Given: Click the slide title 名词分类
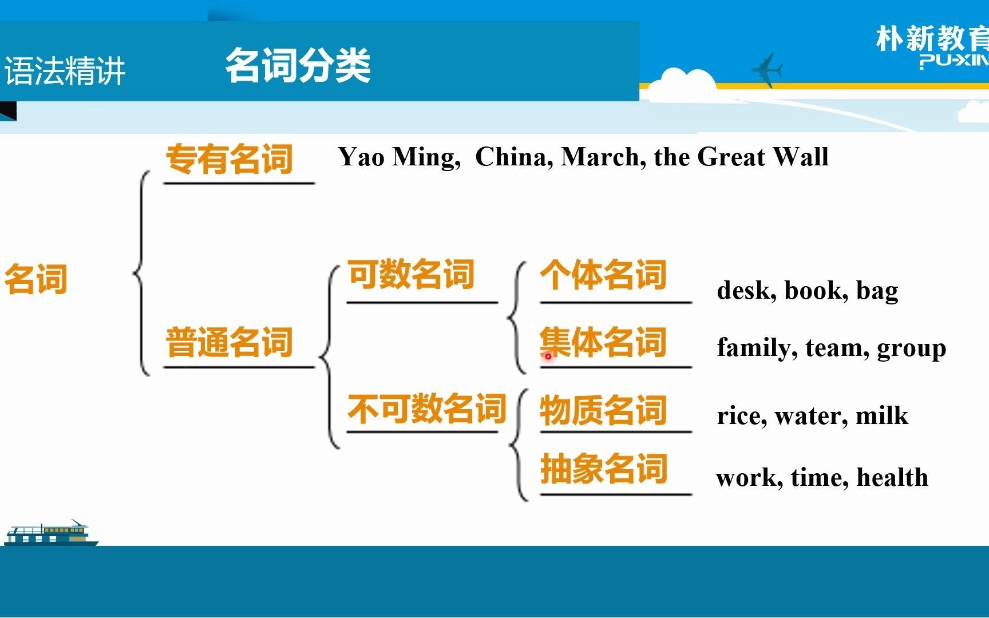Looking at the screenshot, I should (298, 65).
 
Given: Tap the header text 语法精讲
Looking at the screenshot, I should (65, 72).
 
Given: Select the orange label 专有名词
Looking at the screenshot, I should (229, 159).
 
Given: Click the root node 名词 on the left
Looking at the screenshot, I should (35, 279).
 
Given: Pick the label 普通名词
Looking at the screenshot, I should (229, 342).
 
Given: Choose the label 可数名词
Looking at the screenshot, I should (411, 274).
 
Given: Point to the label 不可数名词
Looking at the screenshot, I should (426, 409).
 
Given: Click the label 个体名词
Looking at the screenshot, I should (603, 275).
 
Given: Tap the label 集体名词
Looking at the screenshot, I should (603, 342).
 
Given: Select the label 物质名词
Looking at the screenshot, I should (603, 410).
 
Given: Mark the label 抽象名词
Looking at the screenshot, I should (603, 469).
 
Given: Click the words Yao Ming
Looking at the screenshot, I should (398, 157).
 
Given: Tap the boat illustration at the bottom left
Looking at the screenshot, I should (50, 533).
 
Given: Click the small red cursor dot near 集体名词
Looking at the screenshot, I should (548, 356).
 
